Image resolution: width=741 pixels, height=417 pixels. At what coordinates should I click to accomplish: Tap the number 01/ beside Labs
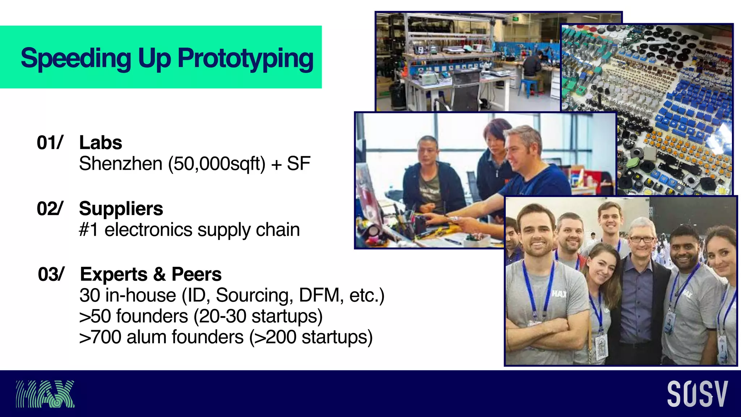pos(50,143)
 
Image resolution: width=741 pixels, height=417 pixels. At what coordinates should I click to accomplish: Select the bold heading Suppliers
pos(121,209)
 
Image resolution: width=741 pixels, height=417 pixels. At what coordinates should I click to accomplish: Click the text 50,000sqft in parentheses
pos(216,164)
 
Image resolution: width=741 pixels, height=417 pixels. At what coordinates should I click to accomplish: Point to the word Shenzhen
pos(120,164)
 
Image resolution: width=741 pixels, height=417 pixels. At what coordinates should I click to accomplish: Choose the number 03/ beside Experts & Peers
pos(51,274)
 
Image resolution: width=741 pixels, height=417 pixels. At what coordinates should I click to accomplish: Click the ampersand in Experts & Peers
pos(159,274)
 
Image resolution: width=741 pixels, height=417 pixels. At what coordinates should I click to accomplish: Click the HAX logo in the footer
pos(45,394)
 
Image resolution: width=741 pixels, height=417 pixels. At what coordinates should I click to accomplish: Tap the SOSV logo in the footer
pos(697,394)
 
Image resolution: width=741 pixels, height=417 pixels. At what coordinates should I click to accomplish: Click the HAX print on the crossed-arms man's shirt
pos(559,294)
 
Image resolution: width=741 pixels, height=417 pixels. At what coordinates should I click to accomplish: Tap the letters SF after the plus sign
pos(298,164)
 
